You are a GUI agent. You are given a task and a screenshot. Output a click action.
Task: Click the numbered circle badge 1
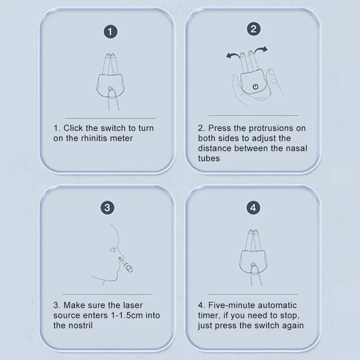coord(111,32)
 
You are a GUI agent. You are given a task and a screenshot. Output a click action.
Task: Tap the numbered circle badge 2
coord(253,29)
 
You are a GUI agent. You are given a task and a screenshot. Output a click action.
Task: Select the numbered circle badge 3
coord(107,208)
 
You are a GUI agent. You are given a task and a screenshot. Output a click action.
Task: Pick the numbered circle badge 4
coord(253,208)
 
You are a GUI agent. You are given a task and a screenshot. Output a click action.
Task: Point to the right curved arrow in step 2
coord(261,49)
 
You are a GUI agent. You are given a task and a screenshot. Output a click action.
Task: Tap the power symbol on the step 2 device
coord(255,86)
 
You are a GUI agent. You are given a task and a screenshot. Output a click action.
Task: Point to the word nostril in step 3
coord(81,325)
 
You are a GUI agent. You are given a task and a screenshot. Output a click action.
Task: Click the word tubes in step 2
coord(209,158)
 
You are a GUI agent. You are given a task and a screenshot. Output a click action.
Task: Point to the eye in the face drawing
coord(113,249)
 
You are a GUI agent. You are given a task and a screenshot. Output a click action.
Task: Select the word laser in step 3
coord(132,305)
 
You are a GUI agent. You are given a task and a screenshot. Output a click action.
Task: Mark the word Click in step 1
coord(73,128)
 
